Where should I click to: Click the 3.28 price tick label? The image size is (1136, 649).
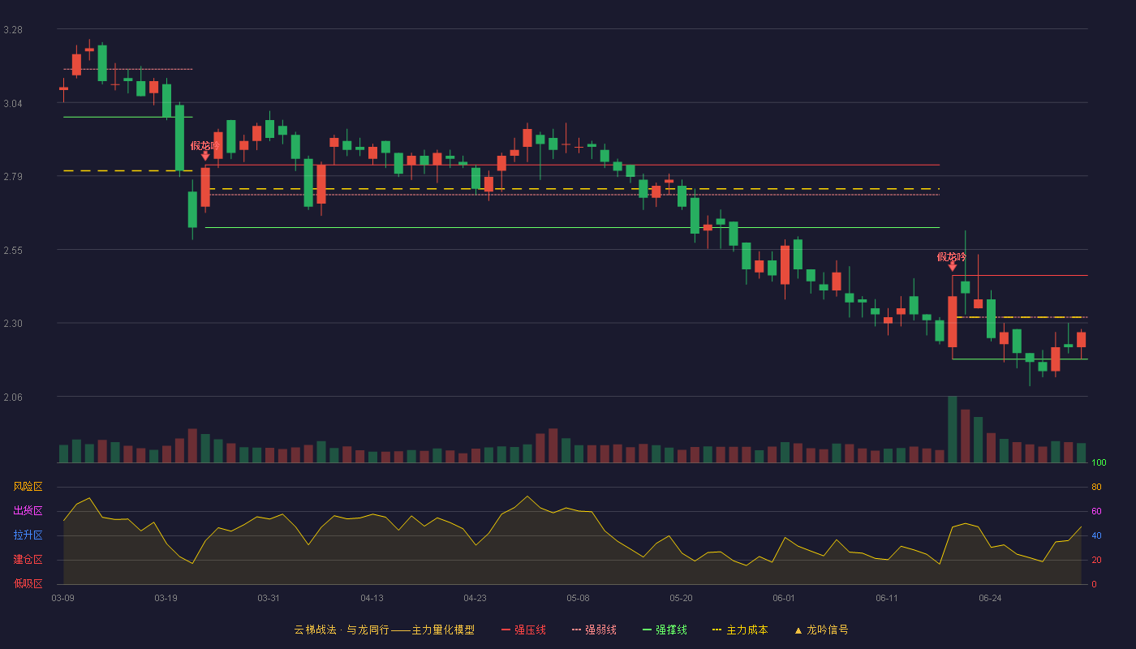pyautogui.click(x=13, y=30)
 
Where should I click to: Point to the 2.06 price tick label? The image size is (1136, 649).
pyautogui.click(x=13, y=397)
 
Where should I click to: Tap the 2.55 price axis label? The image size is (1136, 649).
pyautogui.click(x=13, y=251)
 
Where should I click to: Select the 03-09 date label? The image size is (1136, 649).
pyautogui.click(x=63, y=599)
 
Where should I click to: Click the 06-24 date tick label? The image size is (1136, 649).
pyautogui.click(x=990, y=599)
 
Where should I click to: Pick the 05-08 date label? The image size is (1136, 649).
pyautogui.click(x=578, y=599)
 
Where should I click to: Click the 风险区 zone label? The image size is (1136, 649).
pyautogui.click(x=28, y=487)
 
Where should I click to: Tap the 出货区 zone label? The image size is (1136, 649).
pyautogui.click(x=28, y=510)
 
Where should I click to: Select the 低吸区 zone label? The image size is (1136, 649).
pyautogui.click(x=28, y=583)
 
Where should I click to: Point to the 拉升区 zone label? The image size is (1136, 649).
pyautogui.click(x=28, y=535)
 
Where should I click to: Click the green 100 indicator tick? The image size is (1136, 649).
pyautogui.click(x=1099, y=462)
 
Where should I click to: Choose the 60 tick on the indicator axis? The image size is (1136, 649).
pyautogui.click(x=1096, y=511)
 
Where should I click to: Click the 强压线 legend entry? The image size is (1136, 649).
pyautogui.click(x=523, y=630)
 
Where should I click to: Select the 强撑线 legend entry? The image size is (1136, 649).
pyautogui.click(x=665, y=630)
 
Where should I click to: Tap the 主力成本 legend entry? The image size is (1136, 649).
pyautogui.click(x=740, y=630)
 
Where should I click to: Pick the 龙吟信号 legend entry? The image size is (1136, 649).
pyautogui.click(x=821, y=630)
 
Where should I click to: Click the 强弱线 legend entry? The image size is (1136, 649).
pyautogui.click(x=594, y=630)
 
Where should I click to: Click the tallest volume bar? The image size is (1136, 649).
pyautogui.click(x=953, y=429)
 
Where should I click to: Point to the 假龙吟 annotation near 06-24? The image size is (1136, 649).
pyautogui.click(x=951, y=257)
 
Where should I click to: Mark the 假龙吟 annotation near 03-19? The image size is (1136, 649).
pyautogui.click(x=204, y=146)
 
